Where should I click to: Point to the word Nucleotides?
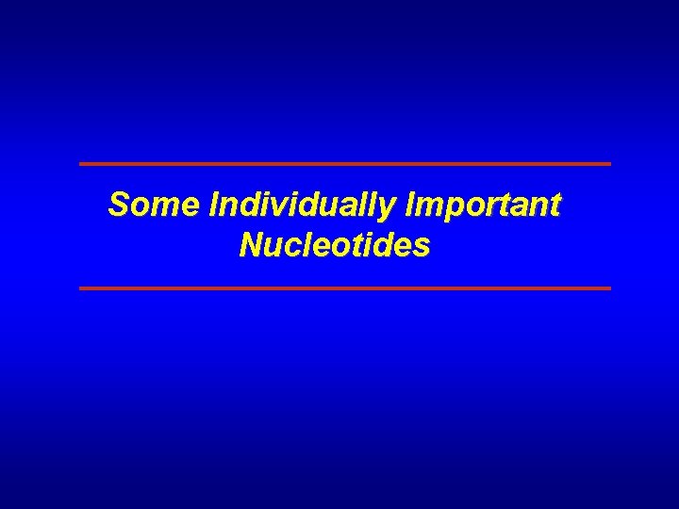(x=335, y=246)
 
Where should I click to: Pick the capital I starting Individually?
(x=219, y=204)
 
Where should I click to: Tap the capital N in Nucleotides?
(x=251, y=246)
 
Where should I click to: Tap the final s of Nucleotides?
(x=422, y=249)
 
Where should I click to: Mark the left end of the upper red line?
(x=81, y=164)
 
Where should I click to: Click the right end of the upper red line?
(x=609, y=164)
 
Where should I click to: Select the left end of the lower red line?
(x=81, y=287)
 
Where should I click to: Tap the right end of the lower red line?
(x=609, y=287)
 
